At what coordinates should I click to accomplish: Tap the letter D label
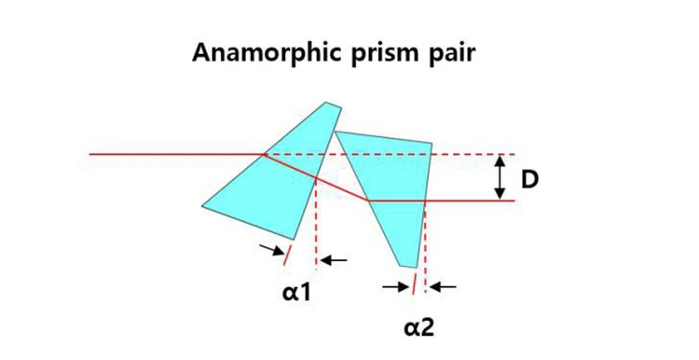529,178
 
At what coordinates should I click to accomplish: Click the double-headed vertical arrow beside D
500,177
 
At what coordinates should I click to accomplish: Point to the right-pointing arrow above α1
272,249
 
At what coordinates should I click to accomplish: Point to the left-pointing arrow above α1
335,260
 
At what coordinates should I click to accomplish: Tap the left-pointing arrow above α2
444,287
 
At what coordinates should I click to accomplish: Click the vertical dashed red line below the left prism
318,224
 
